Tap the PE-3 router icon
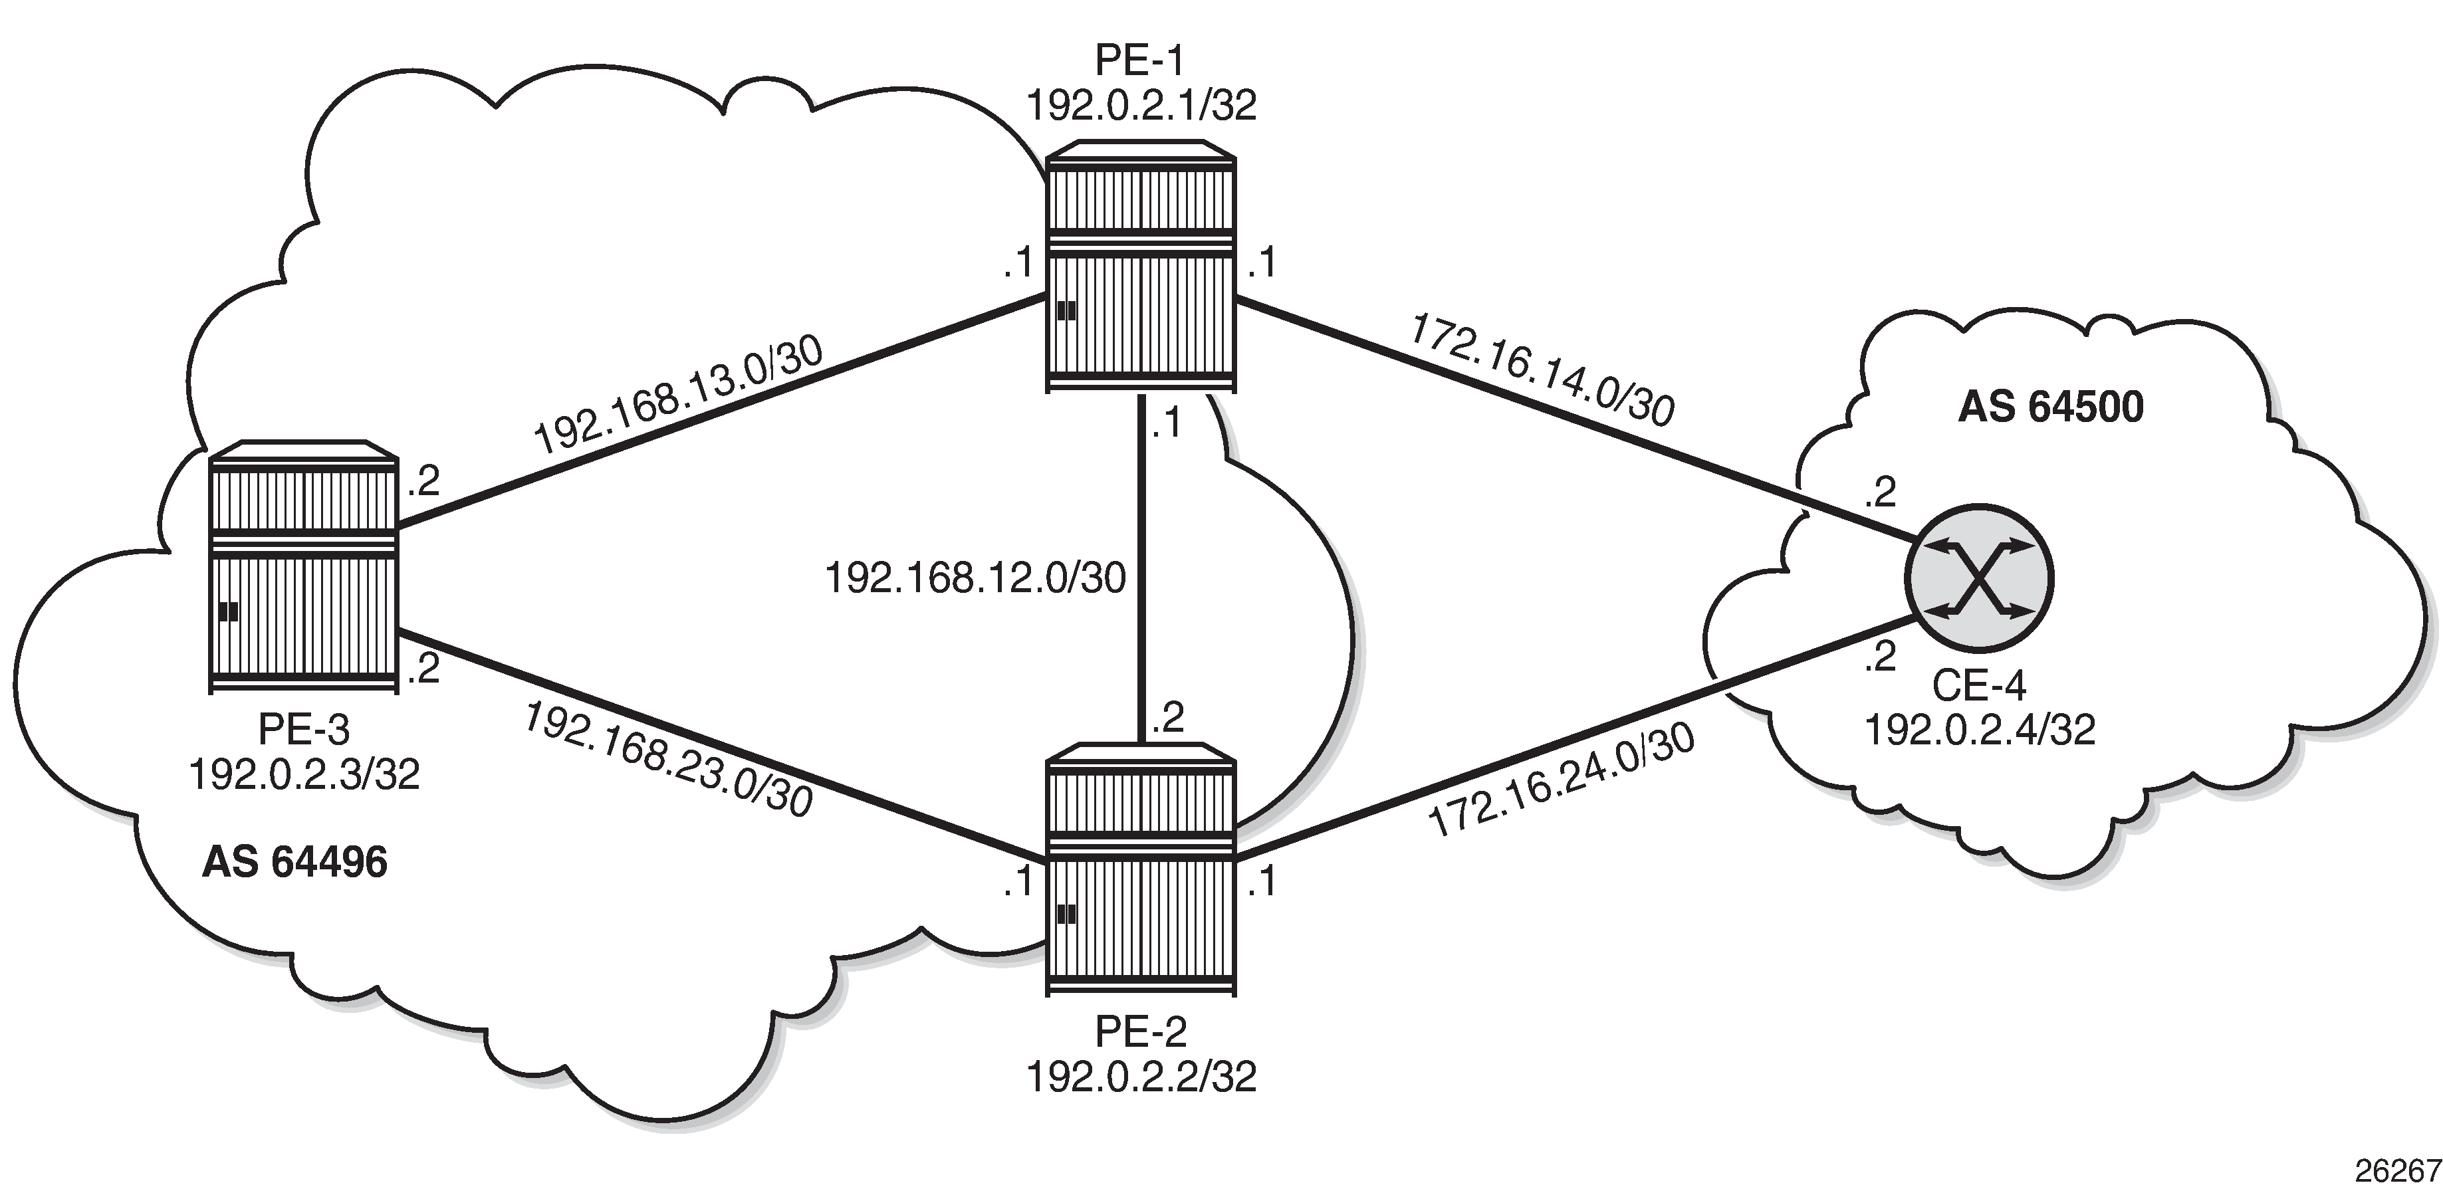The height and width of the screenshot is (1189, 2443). pos(302,567)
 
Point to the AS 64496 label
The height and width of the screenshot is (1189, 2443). pos(295,863)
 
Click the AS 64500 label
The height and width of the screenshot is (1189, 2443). pos(2050,407)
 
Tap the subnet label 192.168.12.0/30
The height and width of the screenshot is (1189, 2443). pos(976,578)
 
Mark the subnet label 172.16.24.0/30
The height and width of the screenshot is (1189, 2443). pos(1561,782)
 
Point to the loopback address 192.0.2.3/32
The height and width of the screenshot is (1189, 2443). pos(304,775)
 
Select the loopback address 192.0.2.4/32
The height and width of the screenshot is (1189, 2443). pos(1980,730)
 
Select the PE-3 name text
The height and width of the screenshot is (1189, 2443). pos(304,730)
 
